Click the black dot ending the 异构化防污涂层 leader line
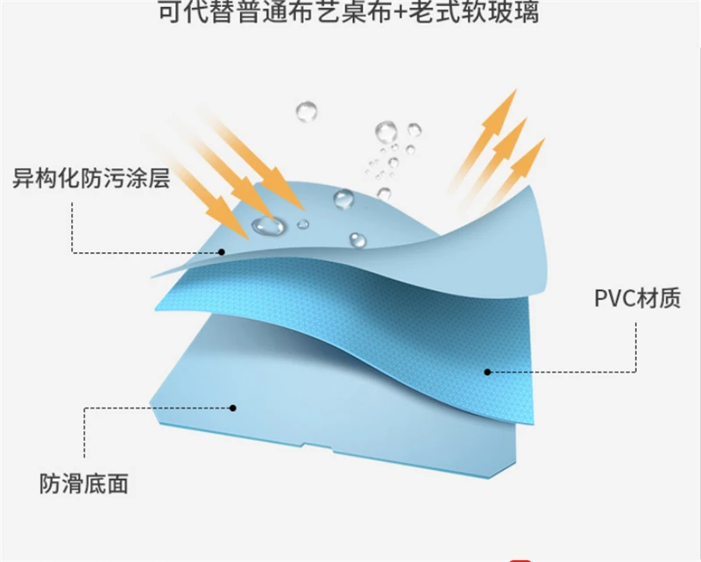[x=223, y=253]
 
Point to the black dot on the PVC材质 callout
[x=488, y=372]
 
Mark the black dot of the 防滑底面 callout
[x=233, y=408]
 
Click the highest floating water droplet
[x=307, y=111]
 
